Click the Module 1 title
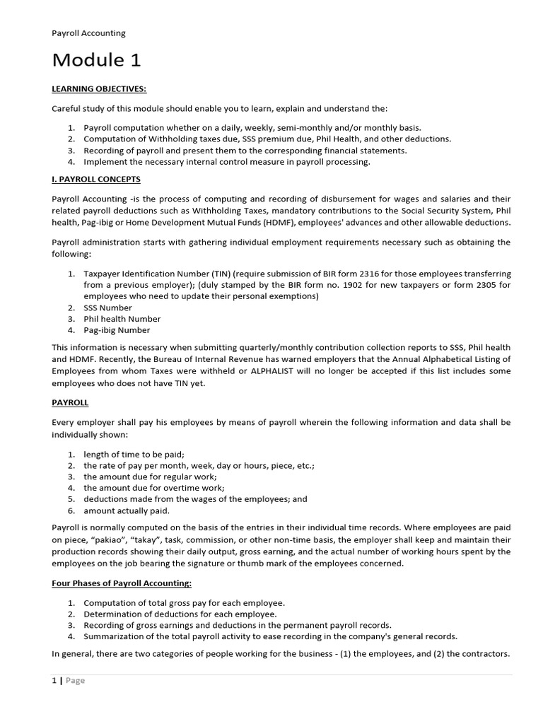96,61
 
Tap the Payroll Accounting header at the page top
88,33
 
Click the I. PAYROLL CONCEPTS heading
96,179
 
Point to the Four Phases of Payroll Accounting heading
122,583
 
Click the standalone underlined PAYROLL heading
70,402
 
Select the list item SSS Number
107,308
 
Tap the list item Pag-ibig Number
117,330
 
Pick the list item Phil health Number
122,319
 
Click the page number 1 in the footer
54,680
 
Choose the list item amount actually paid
127,510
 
